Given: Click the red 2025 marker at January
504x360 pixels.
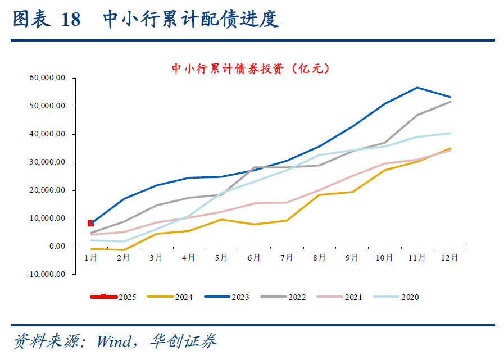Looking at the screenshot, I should (91, 223).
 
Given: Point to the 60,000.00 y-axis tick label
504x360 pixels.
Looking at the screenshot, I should (47, 78).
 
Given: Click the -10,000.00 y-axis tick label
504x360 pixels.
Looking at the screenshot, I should (46, 274).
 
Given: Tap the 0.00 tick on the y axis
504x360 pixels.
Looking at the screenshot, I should (56, 247).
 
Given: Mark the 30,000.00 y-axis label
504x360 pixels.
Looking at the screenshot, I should (47, 162).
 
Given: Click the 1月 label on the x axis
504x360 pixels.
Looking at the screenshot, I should (91, 258).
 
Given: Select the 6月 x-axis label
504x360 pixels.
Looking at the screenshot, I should (254, 258).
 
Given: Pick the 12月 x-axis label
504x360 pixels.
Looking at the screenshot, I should (449, 258).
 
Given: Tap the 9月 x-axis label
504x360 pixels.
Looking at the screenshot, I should (352, 258).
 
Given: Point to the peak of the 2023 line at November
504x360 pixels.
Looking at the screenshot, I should (417, 88).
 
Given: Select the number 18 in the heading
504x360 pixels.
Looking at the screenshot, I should (71, 20).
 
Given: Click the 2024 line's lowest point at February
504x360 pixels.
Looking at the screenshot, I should (124, 249).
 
